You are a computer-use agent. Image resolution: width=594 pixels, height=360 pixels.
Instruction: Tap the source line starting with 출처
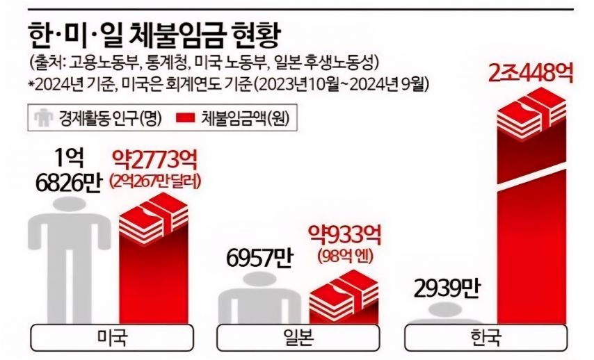click(202, 63)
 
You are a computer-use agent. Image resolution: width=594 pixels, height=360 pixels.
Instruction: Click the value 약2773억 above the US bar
click(154, 161)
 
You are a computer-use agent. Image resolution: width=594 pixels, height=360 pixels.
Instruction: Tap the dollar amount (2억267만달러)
click(154, 182)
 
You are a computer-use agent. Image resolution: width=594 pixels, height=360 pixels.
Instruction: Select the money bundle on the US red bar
click(154, 219)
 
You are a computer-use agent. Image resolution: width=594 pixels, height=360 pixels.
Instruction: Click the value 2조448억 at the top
click(531, 72)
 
